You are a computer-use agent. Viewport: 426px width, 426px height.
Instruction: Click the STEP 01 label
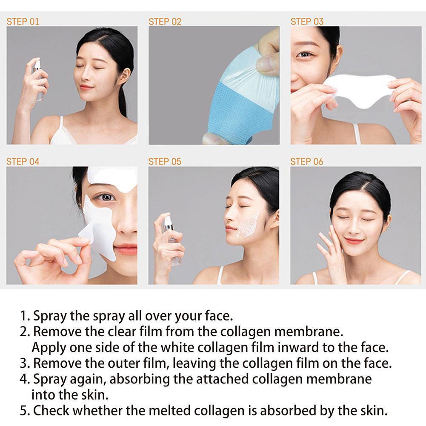point(23,21)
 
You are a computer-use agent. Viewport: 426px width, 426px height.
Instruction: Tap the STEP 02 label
point(165,21)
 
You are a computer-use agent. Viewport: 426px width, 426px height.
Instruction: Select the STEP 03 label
point(307,21)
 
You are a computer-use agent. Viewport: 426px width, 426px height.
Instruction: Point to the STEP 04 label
point(23,162)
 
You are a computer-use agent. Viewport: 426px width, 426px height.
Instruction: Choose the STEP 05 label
point(165,162)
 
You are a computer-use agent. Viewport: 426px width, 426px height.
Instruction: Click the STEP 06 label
point(307,162)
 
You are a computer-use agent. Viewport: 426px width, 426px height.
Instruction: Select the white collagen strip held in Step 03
point(362,91)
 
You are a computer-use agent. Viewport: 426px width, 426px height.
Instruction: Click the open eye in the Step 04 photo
point(105,197)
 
